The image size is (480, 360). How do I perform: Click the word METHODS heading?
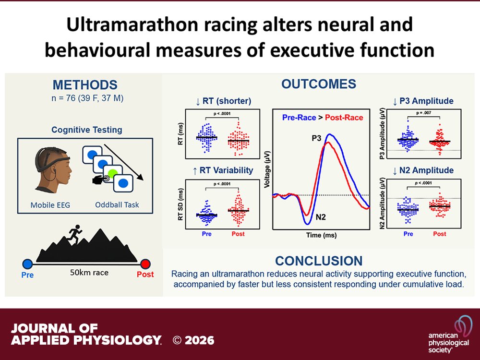[x=85, y=85]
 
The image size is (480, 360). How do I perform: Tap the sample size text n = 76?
[x=85, y=99]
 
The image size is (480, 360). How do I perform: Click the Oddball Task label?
[x=117, y=205]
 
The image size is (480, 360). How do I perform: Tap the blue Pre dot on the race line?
[x=27, y=264]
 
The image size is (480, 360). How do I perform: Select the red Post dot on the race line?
[x=145, y=264]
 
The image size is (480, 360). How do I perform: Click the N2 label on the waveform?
[x=321, y=217]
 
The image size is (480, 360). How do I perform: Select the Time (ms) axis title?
[x=321, y=236]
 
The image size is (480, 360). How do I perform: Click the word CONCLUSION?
[x=319, y=261]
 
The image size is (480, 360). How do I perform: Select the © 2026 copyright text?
[x=194, y=340]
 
